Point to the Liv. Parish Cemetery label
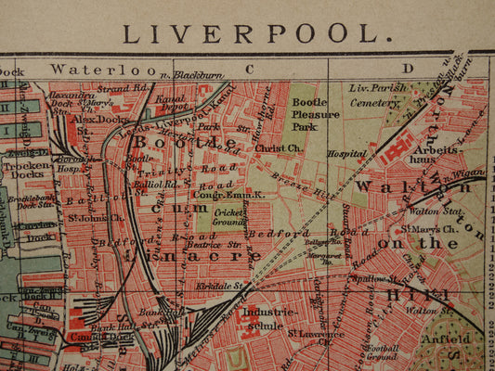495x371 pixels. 377,96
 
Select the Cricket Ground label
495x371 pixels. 228,218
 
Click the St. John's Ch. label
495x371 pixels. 96,219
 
